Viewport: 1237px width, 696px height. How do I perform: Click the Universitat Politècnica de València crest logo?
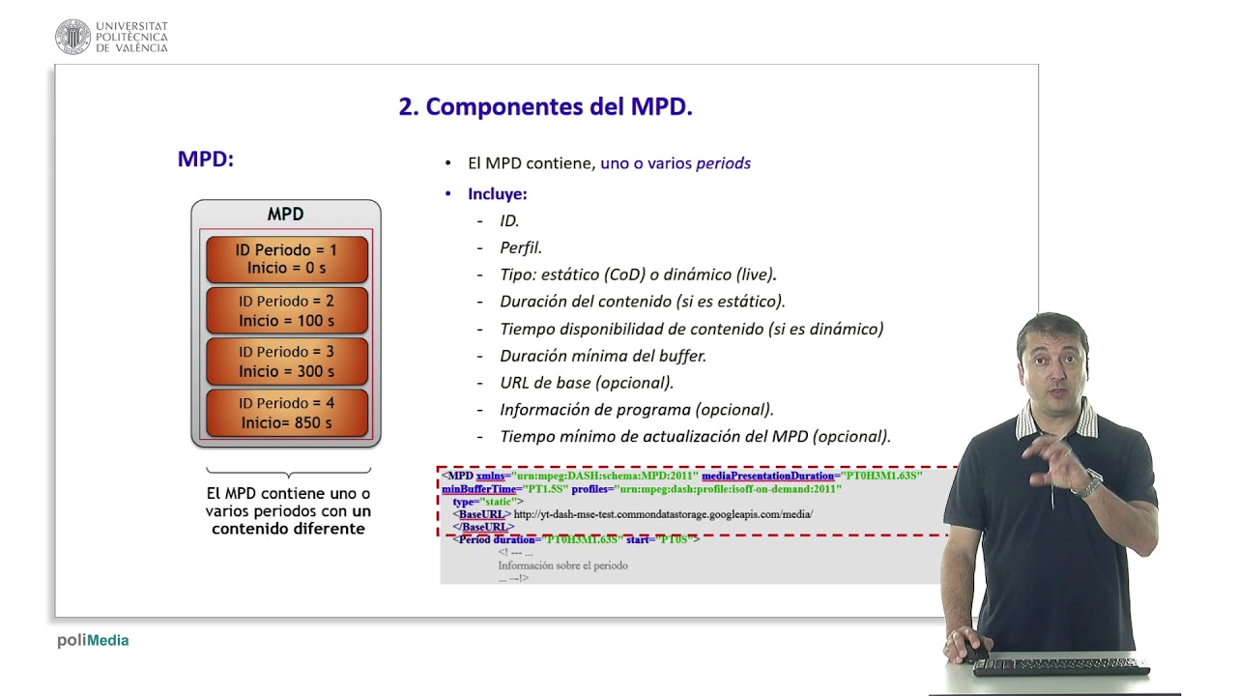tap(72, 37)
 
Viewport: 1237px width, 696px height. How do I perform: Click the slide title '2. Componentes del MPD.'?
tap(545, 107)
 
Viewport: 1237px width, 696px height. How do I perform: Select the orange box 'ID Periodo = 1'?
tap(286, 259)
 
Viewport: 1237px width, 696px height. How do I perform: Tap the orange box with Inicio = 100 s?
tap(286, 310)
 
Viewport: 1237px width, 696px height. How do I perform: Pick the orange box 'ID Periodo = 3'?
tap(286, 362)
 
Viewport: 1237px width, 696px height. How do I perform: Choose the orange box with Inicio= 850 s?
tap(286, 413)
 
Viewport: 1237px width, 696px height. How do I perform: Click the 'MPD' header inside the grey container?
tap(285, 215)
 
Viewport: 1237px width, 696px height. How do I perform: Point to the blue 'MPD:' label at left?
tap(205, 159)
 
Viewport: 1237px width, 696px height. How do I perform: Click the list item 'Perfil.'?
tap(520, 247)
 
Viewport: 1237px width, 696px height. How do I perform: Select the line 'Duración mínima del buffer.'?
tap(602, 356)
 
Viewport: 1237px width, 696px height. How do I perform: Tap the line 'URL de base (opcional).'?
tap(586, 383)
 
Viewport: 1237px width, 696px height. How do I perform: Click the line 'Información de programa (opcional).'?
tap(636, 410)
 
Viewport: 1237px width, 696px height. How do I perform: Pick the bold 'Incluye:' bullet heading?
tap(497, 194)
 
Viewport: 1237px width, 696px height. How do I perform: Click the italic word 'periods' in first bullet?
tap(723, 163)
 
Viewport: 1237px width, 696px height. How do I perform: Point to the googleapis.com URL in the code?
tap(663, 514)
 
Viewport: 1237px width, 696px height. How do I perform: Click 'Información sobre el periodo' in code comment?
tap(562, 565)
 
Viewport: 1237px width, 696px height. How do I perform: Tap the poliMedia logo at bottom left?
tap(93, 640)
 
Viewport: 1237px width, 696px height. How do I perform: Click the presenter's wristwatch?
tap(1089, 483)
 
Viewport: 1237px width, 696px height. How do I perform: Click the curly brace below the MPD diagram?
tap(288, 473)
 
